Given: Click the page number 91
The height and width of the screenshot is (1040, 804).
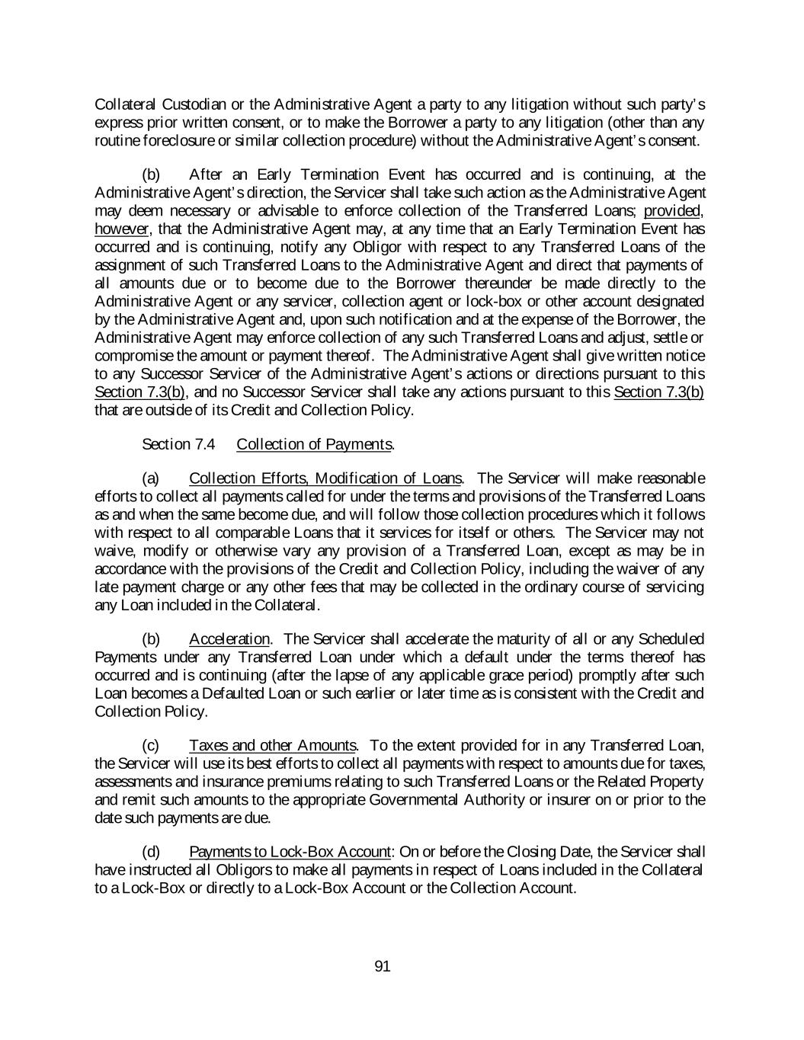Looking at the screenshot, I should [383, 967].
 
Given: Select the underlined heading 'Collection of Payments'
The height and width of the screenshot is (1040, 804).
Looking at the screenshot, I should [315, 444].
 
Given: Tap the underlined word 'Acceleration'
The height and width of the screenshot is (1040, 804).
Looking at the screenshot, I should [229, 639].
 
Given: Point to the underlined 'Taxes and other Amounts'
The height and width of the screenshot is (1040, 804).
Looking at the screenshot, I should [272, 745].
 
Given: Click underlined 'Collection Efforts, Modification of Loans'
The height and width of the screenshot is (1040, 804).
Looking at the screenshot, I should [325, 478].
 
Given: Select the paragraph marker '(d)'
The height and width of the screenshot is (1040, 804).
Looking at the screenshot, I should [151, 852].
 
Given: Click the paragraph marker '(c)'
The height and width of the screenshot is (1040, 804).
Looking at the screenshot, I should [151, 745].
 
